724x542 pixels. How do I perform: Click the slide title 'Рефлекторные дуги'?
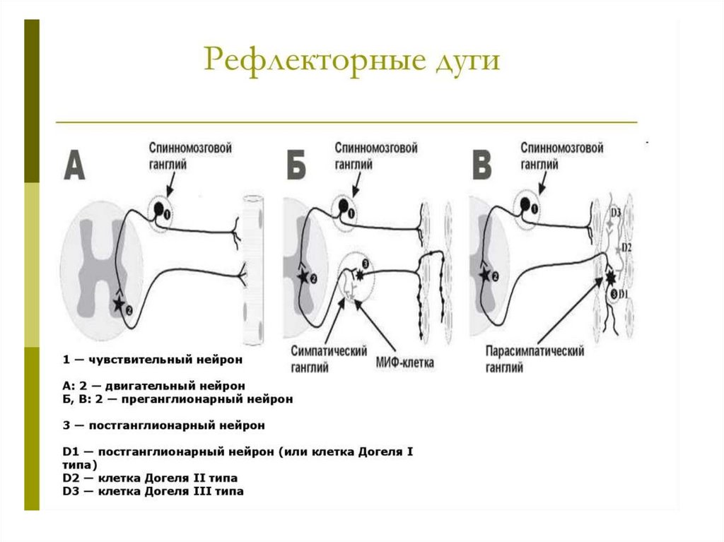tap(351, 59)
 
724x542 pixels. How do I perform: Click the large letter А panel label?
tap(75, 165)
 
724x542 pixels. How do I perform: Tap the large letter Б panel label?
tap(300, 167)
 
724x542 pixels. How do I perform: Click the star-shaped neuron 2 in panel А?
tap(117, 305)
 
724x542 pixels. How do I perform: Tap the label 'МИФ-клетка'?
tap(405, 365)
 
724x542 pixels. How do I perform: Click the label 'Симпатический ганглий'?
tap(321, 358)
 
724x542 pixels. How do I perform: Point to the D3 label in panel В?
tap(615, 213)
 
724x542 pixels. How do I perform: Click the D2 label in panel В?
tap(625, 247)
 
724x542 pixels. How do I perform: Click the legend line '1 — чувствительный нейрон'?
tap(152, 360)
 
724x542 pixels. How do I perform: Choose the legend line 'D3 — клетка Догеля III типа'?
tap(153, 491)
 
